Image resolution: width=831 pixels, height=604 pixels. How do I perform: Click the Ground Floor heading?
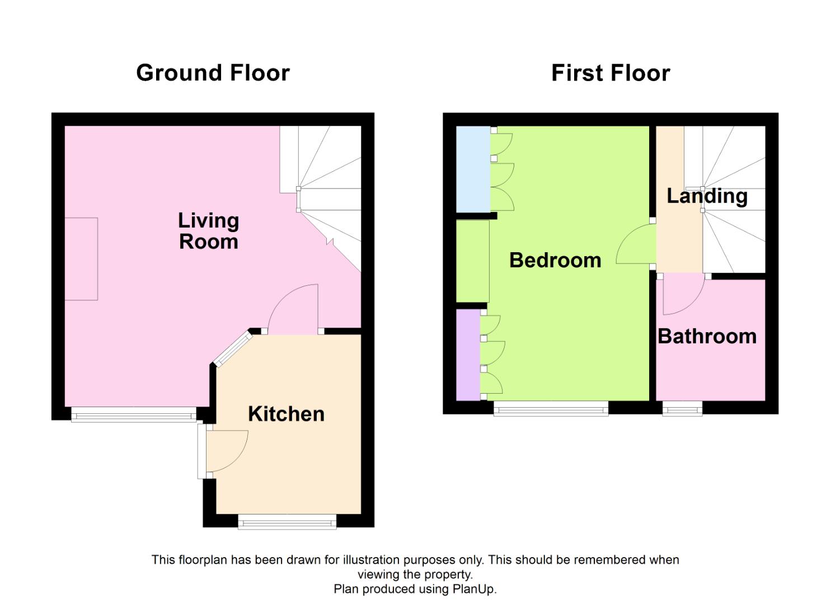pos(213,73)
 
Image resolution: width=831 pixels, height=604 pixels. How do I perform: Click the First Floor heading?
pos(611,73)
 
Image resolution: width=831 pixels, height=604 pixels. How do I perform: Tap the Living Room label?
pos(208,230)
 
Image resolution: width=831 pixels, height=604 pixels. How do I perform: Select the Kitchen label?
pos(286,414)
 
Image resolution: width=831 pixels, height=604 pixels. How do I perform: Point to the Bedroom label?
pos(555,260)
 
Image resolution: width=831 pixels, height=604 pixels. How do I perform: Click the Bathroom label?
pos(707,336)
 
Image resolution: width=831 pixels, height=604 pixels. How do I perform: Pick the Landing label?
pos(707,196)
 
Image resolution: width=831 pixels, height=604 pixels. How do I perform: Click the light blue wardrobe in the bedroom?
pos(473,169)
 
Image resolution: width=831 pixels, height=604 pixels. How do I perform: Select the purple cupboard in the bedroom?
pos(468,355)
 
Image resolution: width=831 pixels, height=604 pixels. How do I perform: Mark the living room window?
pos(134,416)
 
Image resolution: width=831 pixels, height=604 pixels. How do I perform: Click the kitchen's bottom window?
pos(287,523)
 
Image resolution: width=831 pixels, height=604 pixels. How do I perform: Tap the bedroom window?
pos(551,410)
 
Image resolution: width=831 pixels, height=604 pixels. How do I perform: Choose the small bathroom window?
pos(682,410)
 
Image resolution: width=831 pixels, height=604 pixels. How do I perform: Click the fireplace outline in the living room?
pos(81,258)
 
